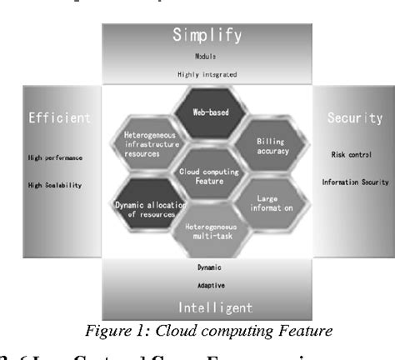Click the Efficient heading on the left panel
click(x=60, y=118)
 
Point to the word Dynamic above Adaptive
click(x=208, y=267)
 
